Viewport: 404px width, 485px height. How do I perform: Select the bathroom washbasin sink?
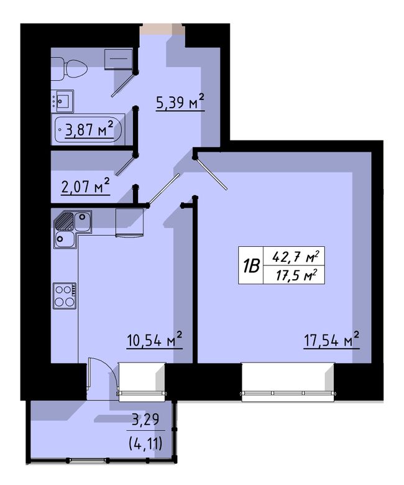pos(63,101)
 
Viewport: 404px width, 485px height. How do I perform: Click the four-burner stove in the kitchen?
pos(65,296)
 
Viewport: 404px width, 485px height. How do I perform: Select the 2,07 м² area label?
pos(86,186)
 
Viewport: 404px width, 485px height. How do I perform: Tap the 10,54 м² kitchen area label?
pos(155,340)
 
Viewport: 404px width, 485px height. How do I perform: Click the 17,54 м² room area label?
pos(332,340)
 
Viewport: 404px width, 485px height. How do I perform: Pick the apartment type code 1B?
pos(250,266)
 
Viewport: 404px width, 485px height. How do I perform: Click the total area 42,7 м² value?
pos(295,257)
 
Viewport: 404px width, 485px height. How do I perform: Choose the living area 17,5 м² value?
pos(296,275)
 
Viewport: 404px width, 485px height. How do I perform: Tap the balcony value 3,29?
pos(145,420)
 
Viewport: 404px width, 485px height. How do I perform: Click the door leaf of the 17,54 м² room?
pos(211,173)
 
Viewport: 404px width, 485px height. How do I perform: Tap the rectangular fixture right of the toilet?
pos(118,58)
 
